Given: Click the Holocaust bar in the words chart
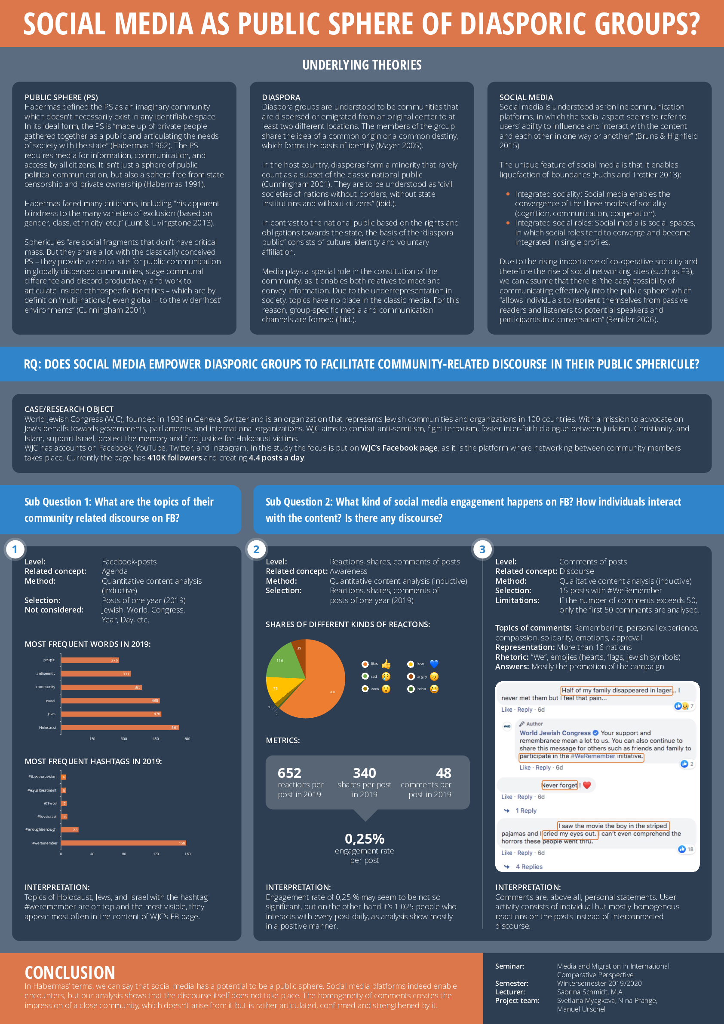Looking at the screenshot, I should pyautogui.click(x=120, y=728).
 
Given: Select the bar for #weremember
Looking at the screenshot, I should pyautogui.click(x=123, y=843).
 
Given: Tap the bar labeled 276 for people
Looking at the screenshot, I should pyautogui.click(x=90, y=660).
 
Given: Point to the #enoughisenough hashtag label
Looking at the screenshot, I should pyautogui.click(x=41, y=829).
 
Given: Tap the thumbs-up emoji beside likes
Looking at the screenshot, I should pyautogui.click(x=386, y=664).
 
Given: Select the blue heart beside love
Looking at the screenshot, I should pyautogui.click(x=434, y=664).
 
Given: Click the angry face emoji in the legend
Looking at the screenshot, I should pyautogui.click(x=434, y=677).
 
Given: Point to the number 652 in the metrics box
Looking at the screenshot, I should pyautogui.click(x=289, y=773).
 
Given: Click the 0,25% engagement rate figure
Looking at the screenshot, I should pyautogui.click(x=364, y=839).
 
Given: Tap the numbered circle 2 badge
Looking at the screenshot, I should pyautogui.click(x=256, y=549).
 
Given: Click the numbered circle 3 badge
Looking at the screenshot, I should pyautogui.click(x=482, y=549).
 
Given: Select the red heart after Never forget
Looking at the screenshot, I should pyautogui.click(x=587, y=785).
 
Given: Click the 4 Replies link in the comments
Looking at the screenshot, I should pyautogui.click(x=529, y=866).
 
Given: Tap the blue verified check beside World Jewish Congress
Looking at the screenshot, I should pyautogui.click(x=595, y=733).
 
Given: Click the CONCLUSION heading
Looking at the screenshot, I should pyautogui.click(x=70, y=973).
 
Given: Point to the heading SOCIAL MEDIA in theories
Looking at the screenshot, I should pyautogui.click(x=526, y=97).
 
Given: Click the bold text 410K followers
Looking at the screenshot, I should pyautogui.click(x=175, y=457).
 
